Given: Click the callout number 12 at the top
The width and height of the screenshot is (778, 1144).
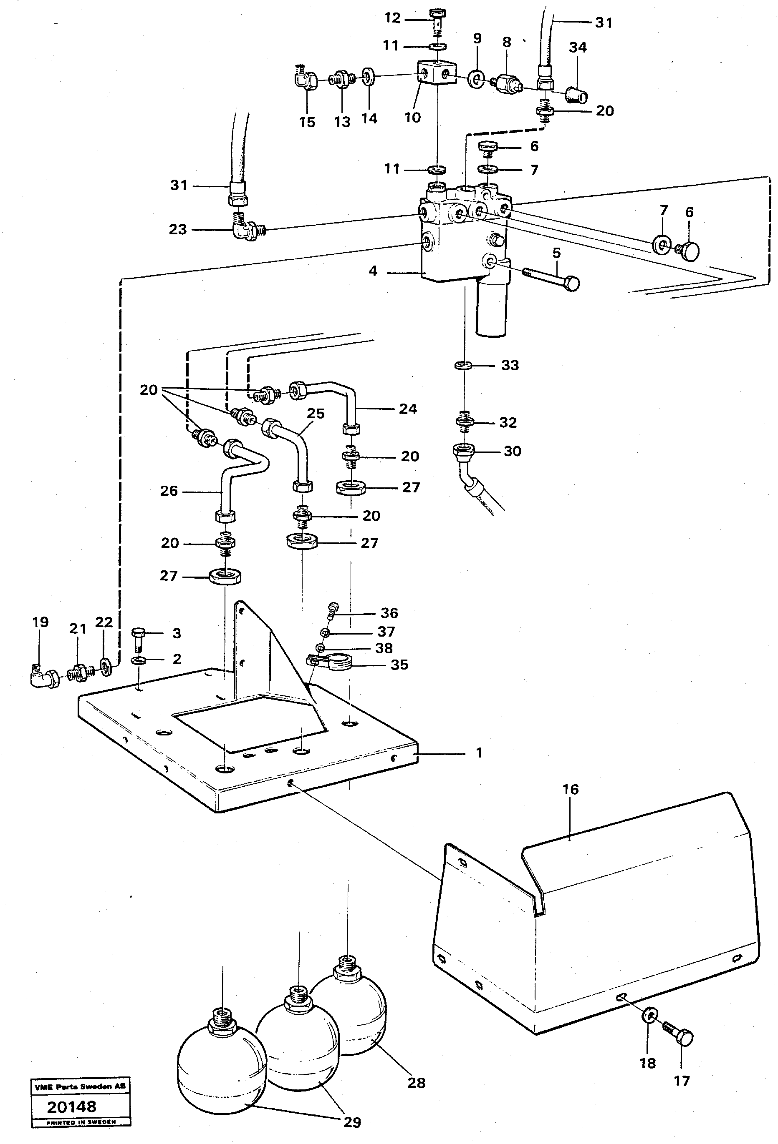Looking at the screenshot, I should (392, 18).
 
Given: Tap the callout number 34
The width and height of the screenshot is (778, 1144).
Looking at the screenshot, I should (578, 48).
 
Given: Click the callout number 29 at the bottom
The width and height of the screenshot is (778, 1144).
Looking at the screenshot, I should (352, 1122).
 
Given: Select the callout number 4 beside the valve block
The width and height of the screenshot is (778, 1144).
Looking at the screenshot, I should (373, 271).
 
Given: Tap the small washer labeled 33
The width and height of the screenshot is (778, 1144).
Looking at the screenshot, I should (462, 365).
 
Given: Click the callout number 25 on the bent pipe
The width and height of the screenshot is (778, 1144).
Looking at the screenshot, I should (316, 414).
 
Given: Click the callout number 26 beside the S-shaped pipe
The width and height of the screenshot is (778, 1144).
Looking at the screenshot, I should (169, 491).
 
